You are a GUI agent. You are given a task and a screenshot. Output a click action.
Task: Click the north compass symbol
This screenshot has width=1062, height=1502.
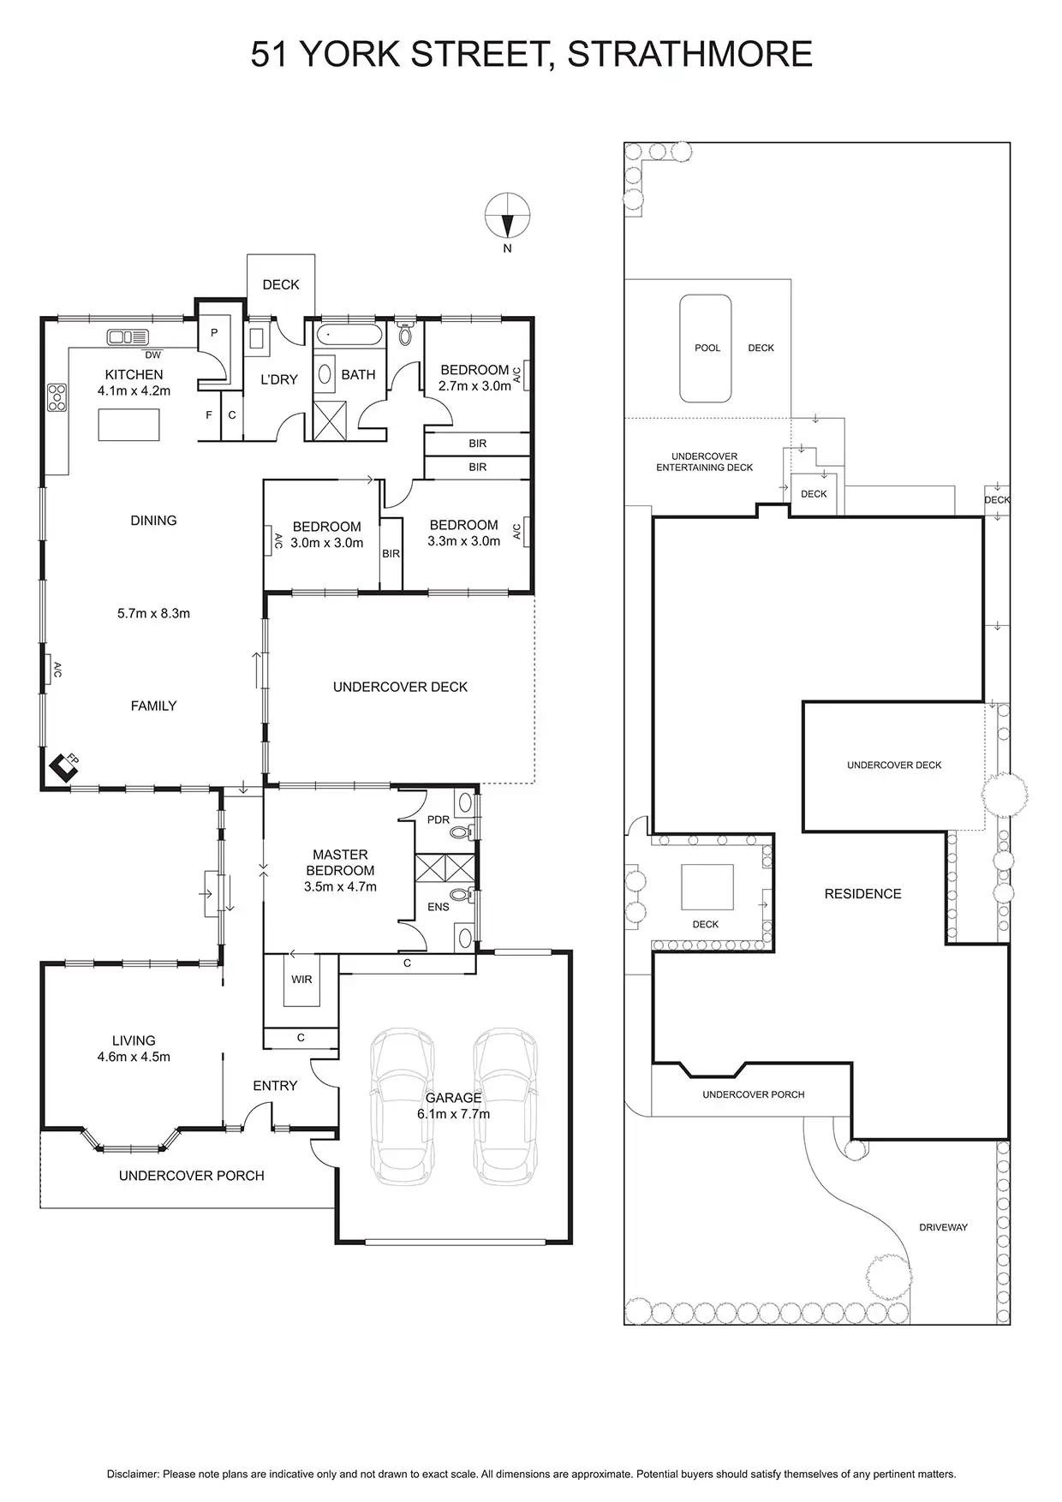click(507, 216)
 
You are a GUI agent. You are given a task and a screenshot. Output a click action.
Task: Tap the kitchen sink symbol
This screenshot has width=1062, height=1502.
click(128, 337)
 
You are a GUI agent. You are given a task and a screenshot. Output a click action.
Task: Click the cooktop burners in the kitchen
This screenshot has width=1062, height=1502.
click(57, 397)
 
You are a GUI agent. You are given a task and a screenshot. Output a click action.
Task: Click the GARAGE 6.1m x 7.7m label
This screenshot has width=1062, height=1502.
click(453, 1106)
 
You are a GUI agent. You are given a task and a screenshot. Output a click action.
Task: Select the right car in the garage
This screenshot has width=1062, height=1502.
click(505, 1106)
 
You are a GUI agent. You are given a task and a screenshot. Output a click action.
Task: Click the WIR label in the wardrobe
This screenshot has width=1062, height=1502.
click(301, 979)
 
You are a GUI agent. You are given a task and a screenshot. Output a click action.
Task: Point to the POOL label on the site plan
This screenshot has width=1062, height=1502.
click(707, 348)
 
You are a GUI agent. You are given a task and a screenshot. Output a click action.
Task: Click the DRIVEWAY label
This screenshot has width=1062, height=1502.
click(943, 1227)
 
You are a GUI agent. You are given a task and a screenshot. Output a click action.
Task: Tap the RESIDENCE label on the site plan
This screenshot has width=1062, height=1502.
click(862, 893)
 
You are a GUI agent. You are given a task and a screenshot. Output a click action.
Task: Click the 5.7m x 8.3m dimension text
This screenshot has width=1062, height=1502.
click(153, 613)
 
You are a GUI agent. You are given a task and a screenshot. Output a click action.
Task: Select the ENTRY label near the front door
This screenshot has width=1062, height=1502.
click(275, 1085)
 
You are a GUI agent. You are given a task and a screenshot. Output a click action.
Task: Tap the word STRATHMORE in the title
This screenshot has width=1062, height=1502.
click(689, 54)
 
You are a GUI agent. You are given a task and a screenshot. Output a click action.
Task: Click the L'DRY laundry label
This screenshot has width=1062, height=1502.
click(278, 379)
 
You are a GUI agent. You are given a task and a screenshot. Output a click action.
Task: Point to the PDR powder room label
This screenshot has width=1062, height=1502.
click(438, 820)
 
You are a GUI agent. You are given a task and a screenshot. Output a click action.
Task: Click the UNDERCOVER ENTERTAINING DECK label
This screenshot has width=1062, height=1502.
click(704, 462)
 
